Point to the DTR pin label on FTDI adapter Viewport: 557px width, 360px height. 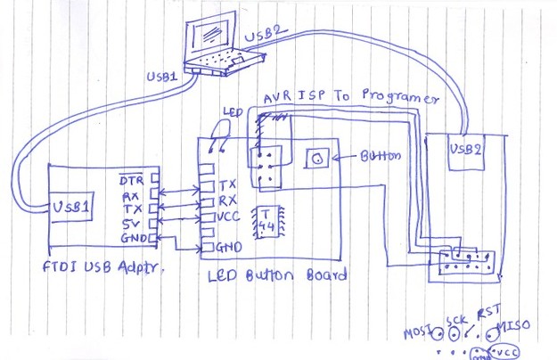coord(131,179)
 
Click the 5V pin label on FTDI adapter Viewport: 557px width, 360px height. coord(130,224)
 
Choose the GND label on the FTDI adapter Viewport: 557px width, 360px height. coord(131,239)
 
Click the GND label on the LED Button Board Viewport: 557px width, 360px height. coord(230,246)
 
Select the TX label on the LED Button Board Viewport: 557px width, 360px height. coord(227,184)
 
